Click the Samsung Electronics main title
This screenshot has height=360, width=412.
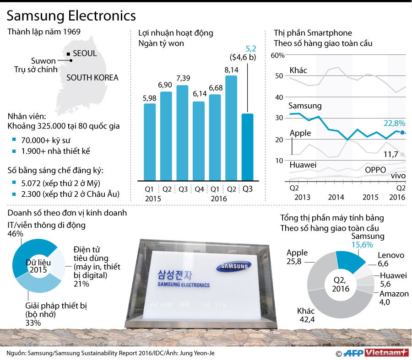tap(71, 16)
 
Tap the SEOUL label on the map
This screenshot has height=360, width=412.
tap(85, 54)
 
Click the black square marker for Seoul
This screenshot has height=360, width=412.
tap(68, 54)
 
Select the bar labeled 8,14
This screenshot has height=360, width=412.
tap(231, 128)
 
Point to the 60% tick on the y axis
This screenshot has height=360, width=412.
tap(278, 56)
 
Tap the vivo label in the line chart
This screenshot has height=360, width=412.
tap(398, 175)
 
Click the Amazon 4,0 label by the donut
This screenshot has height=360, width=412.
tap(393, 298)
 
